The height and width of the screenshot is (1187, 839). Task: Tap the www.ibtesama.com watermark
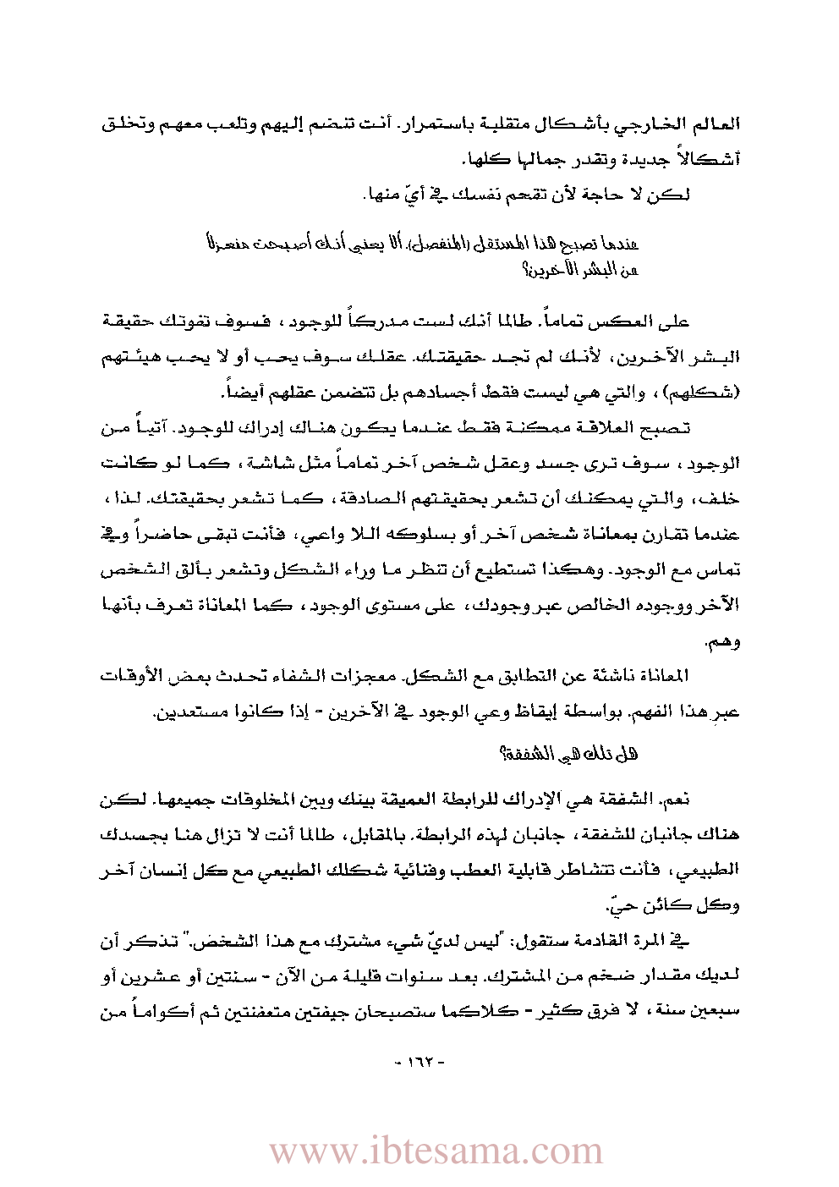point(436,1151)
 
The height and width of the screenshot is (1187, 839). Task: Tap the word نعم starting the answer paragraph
point(676,799)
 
